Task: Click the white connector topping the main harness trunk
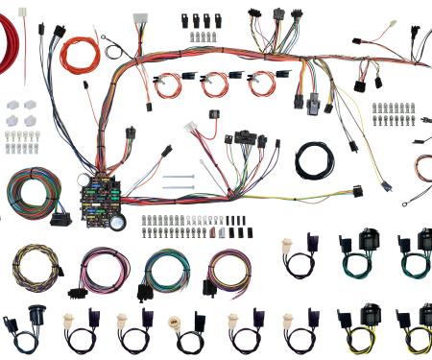[x=140, y=19]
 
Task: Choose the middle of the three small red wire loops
[x=212, y=84]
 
